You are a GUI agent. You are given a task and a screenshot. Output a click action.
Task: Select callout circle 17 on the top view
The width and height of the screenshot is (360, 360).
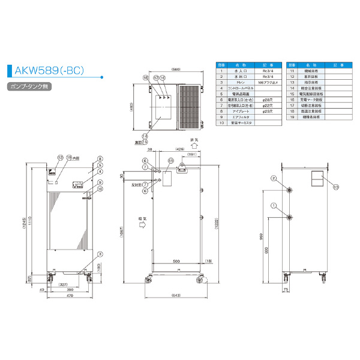coord(155,79)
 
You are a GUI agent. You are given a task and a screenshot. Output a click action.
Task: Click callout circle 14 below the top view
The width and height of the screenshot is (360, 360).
coord(145,136)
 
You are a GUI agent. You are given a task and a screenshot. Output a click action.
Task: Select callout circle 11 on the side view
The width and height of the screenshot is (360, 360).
coord(170,161)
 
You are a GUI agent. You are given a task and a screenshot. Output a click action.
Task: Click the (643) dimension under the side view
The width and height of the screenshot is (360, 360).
coord(176,296)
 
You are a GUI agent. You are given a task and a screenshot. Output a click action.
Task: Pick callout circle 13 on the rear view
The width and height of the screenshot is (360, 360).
coord(337,187)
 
